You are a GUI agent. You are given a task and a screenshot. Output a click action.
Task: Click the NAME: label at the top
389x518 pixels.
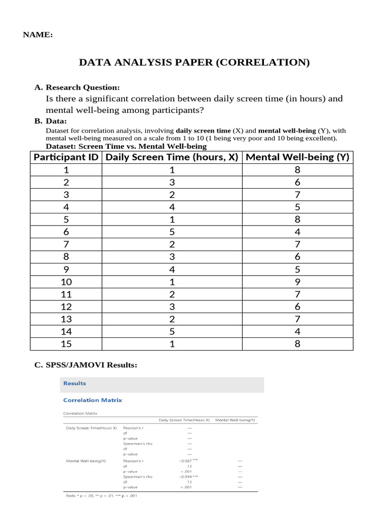coord(38,35)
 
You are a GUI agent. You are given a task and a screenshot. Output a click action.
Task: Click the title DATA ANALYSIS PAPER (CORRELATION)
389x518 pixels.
coord(194,63)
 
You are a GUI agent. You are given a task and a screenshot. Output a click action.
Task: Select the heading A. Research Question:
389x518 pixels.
coord(77,88)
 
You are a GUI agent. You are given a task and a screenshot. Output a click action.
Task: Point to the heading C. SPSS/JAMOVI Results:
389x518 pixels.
coord(86,365)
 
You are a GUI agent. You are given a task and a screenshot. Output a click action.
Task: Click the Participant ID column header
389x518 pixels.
coord(66,157)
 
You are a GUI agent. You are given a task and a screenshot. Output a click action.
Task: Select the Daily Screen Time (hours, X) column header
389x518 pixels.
coord(172,157)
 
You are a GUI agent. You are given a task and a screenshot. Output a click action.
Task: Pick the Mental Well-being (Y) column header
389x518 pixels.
coord(297,157)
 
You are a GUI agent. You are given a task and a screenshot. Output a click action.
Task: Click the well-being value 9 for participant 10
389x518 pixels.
coord(297,282)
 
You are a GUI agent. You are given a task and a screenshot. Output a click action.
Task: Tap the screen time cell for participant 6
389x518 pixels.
coord(172,232)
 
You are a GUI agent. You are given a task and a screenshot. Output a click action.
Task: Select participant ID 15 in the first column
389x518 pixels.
coord(66,344)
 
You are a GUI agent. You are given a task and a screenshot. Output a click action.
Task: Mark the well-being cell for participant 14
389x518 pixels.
coord(297,331)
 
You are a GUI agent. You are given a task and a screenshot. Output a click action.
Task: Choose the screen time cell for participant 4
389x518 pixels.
coord(172,207)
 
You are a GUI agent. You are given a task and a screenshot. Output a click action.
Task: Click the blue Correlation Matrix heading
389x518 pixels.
coord(93,400)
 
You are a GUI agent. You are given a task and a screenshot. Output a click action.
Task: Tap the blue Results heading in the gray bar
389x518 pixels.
coord(74,383)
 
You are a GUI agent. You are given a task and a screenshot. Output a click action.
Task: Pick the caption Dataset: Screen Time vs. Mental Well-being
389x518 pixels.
coord(126,146)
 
